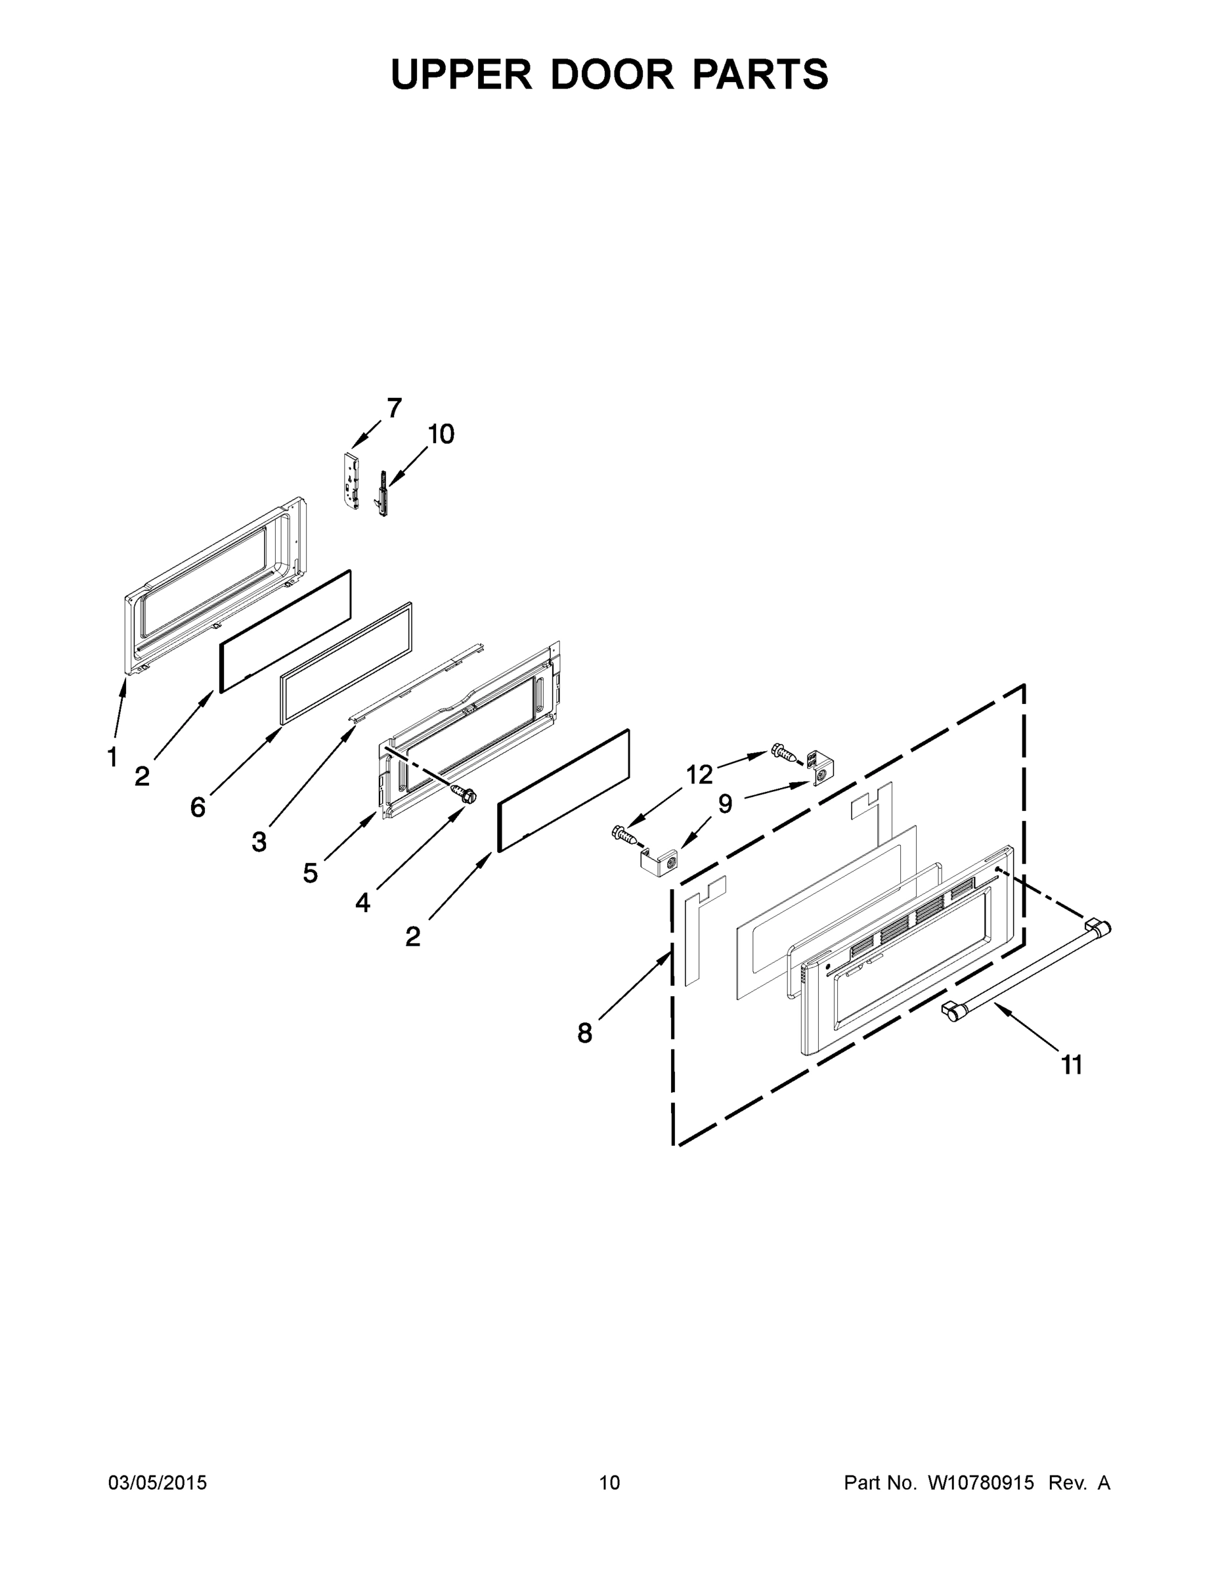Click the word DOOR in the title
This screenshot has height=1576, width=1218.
click(612, 74)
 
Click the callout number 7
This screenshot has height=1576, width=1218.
click(394, 408)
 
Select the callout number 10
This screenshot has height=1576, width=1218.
click(441, 435)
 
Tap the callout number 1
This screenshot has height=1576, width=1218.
click(112, 758)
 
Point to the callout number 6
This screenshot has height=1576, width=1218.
click(198, 807)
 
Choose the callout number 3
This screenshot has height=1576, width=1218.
click(259, 841)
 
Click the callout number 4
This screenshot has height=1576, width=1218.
click(362, 902)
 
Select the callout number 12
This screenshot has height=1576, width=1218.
click(699, 775)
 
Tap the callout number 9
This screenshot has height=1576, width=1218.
click(725, 803)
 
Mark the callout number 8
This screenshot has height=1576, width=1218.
click(584, 1034)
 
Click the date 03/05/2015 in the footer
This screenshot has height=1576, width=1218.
click(158, 1483)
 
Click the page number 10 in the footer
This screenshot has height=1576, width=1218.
click(610, 1483)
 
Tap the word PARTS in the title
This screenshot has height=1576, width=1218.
click(760, 74)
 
